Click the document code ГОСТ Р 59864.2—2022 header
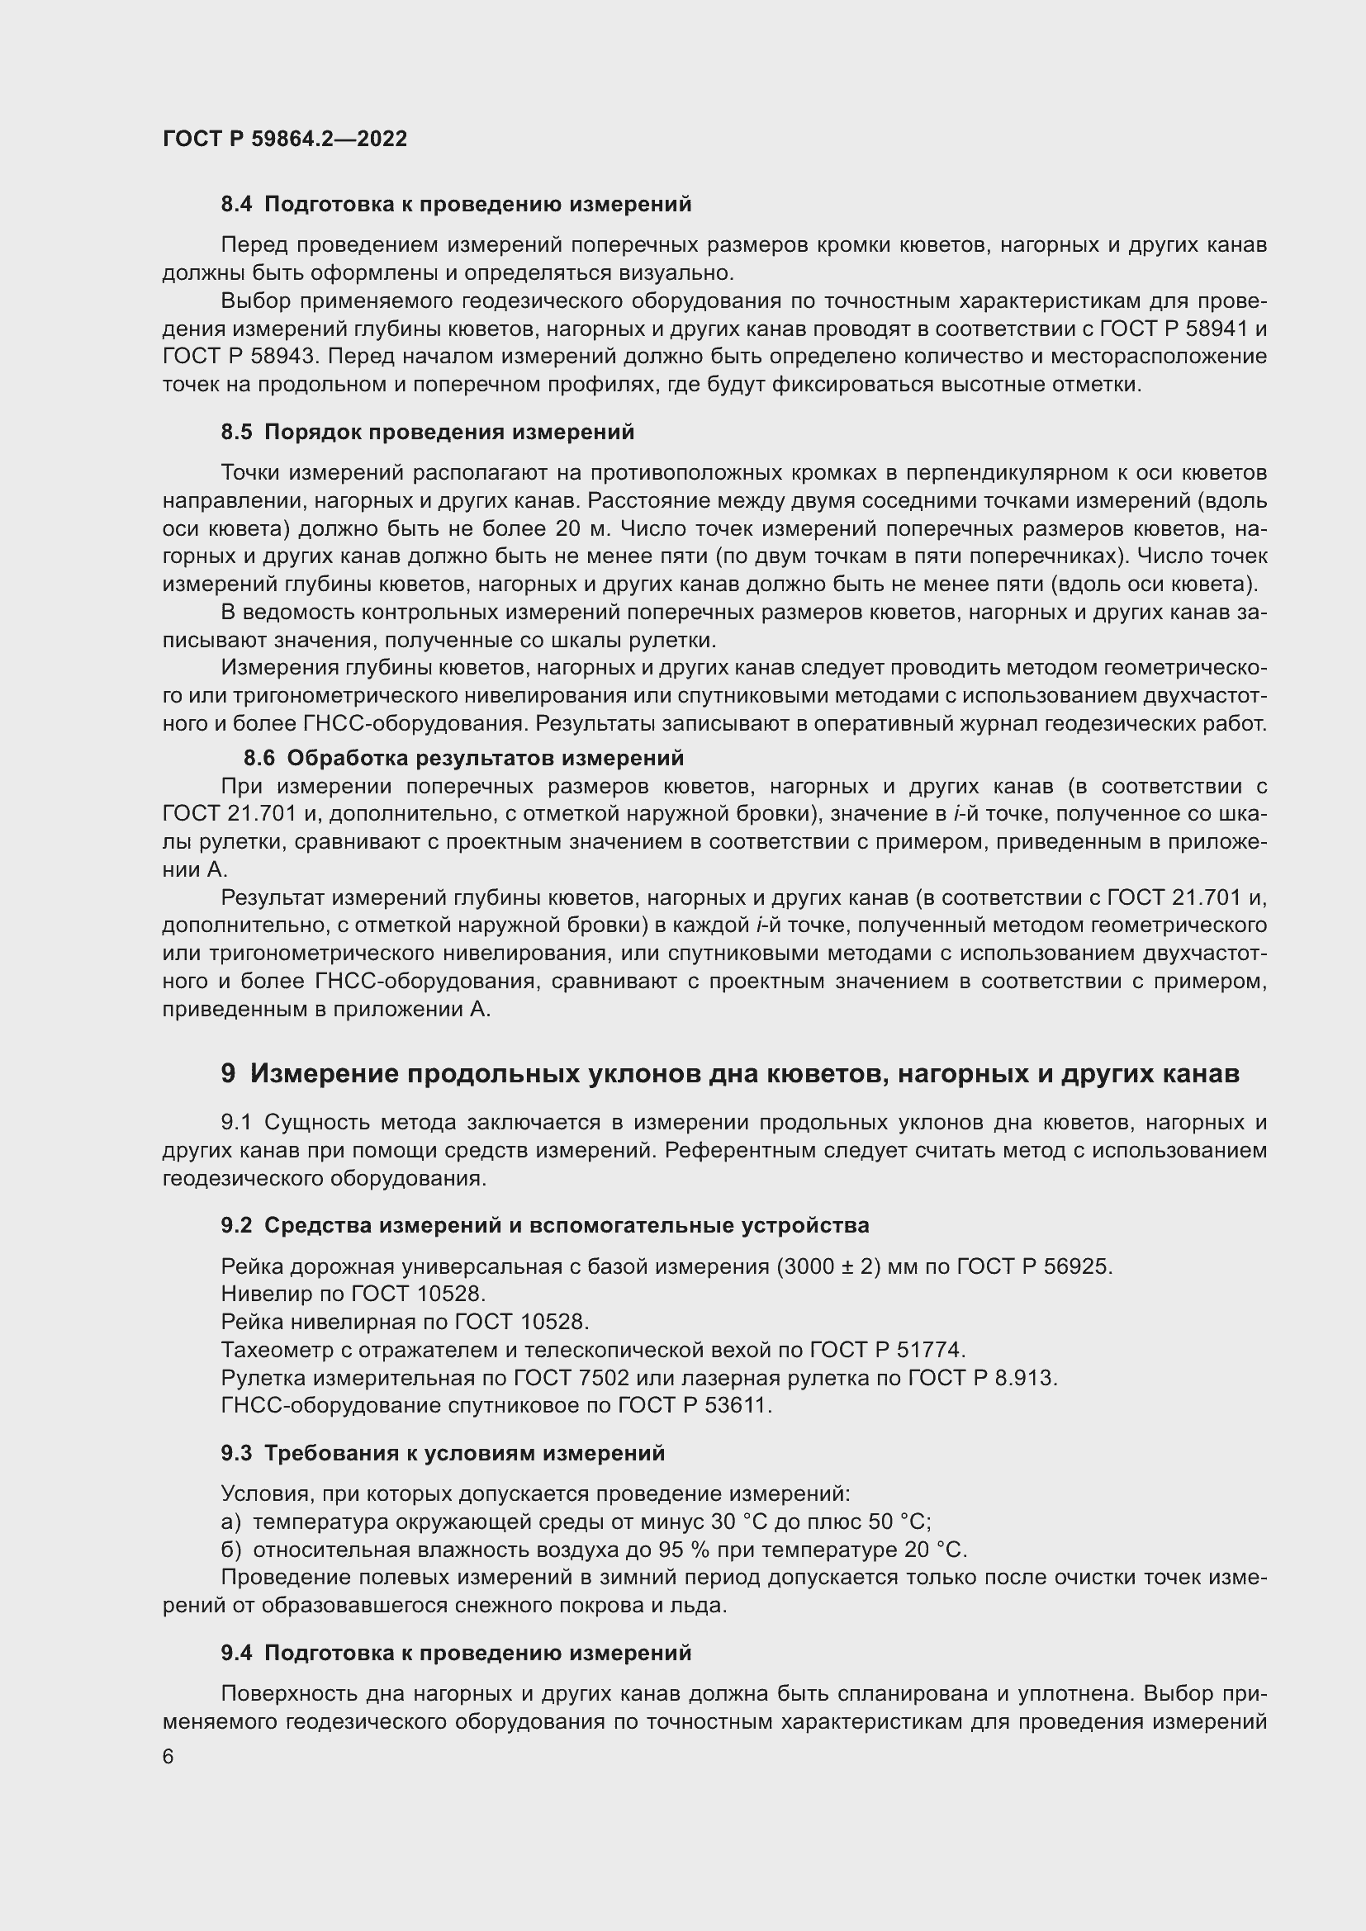click(284, 139)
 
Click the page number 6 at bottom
click(168, 1757)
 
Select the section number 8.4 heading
click(235, 205)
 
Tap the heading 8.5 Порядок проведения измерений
click(427, 433)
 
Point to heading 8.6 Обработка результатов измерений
click(463, 758)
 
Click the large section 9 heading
click(729, 1074)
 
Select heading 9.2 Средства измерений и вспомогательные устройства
click(545, 1225)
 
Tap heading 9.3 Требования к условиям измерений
click(443, 1453)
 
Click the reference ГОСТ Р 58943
click(238, 357)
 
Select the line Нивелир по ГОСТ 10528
click(353, 1294)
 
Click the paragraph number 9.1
click(237, 1123)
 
